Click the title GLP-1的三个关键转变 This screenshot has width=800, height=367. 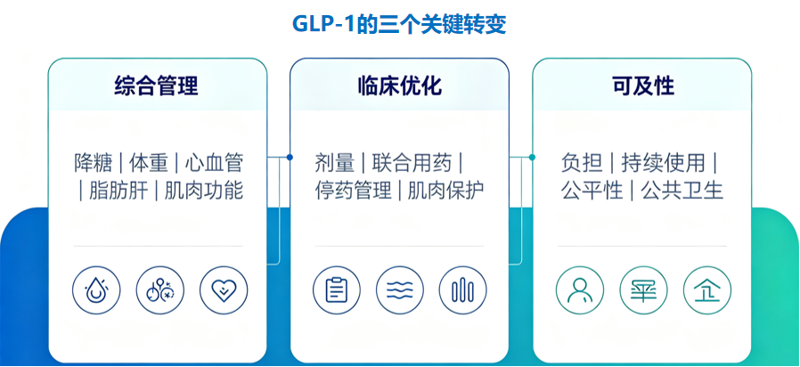(x=399, y=24)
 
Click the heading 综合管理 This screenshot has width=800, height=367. (x=156, y=86)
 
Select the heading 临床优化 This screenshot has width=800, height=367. (x=399, y=86)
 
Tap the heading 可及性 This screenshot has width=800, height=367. (x=643, y=86)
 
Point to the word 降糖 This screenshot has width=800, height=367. (x=94, y=163)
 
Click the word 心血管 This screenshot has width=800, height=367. (x=213, y=163)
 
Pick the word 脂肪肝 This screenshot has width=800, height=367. (x=118, y=191)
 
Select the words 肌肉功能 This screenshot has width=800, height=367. (x=204, y=191)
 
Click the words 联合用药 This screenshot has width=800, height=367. (x=412, y=163)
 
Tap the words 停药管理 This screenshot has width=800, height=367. (x=354, y=191)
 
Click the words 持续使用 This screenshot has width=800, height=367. (x=663, y=163)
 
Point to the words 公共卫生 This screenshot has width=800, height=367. (x=682, y=191)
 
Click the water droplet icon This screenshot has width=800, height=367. (x=96, y=290)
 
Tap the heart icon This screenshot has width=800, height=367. (x=224, y=290)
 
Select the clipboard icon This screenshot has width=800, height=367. (x=336, y=290)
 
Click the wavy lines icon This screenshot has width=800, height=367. (x=400, y=290)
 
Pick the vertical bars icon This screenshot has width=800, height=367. (x=462, y=290)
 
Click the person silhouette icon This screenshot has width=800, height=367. (x=580, y=290)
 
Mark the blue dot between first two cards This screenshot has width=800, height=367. (x=290, y=157)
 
